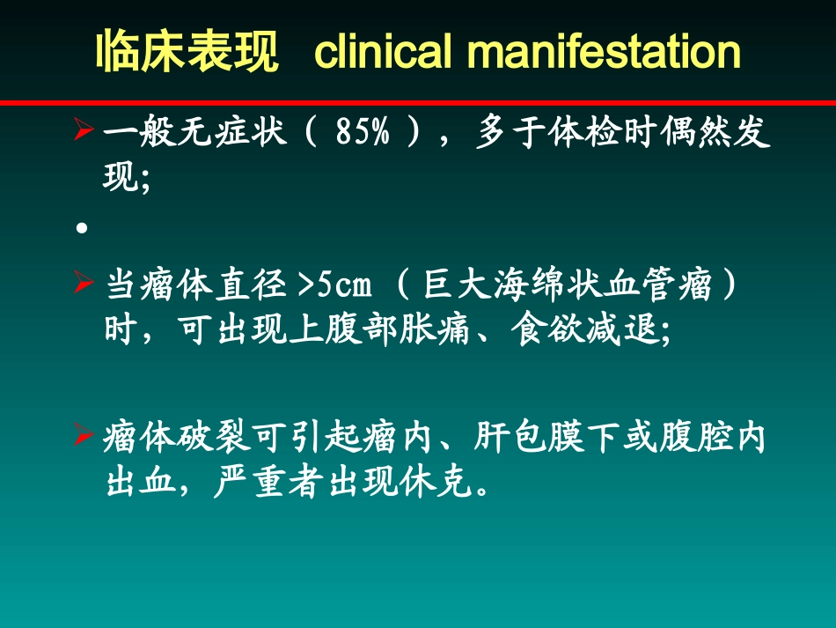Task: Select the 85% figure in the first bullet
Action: click(x=362, y=135)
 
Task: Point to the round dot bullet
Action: click(x=82, y=228)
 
